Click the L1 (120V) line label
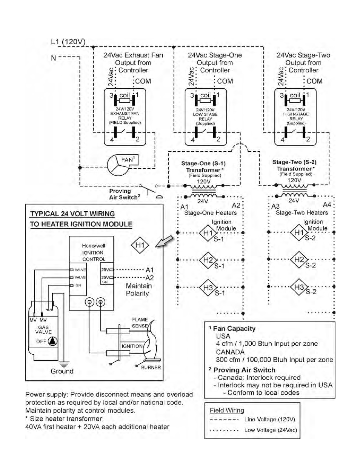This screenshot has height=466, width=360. [x=68, y=42]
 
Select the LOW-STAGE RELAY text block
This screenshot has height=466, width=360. [x=205, y=117]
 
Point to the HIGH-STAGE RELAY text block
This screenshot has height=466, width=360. [x=296, y=116]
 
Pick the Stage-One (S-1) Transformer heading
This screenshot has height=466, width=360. [x=203, y=166]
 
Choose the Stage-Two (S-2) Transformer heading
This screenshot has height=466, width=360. [x=294, y=165]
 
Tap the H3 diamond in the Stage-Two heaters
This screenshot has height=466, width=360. [x=299, y=288]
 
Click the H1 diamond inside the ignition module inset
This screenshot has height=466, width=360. [x=140, y=245]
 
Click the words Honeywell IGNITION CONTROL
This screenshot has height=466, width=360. [x=93, y=252]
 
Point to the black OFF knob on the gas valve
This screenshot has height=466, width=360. [x=54, y=341]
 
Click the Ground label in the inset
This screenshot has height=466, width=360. [x=62, y=371]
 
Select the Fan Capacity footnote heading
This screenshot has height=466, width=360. [x=234, y=329]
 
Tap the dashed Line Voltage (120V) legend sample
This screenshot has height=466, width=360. [x=224, y=420]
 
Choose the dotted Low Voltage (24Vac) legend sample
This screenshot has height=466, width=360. [x=224, y=430]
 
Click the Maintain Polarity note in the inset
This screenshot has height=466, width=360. [x=138, y=290]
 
